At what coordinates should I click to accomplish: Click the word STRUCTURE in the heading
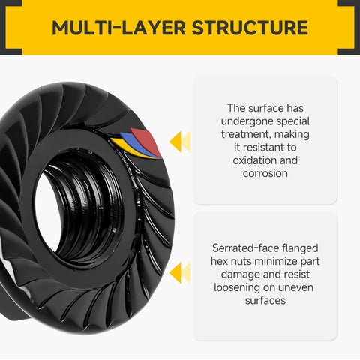[x=250, y=28]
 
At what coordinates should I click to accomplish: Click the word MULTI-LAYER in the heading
[x=118, y=28]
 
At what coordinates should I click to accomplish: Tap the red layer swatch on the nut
[x=147, y=142]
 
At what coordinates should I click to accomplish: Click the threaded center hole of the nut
[x=80, y=210]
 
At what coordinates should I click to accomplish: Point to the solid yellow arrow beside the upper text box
[x=175, y=142]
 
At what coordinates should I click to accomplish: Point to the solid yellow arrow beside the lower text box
[x=175, y=273]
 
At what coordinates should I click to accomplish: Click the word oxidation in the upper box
[x=253, y=160]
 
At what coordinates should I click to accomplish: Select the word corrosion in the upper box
[x=265, y=173]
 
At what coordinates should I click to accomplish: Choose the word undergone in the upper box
[x=247, y=121]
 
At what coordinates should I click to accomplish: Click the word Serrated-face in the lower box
[x=246, y=248]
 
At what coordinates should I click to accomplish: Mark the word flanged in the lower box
[x=300, y=248]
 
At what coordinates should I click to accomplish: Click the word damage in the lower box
[x=240, y=274]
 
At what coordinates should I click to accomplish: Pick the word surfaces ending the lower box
[x=265, y=301]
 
